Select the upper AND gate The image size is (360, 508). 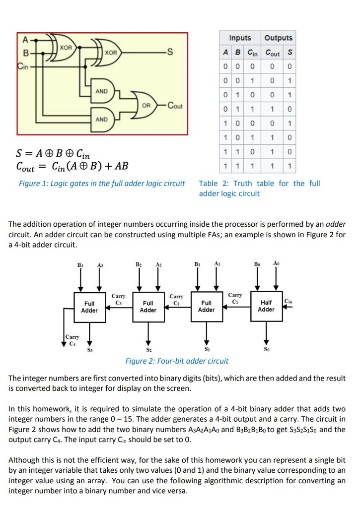tap(102, 92)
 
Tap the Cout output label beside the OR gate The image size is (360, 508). tap(175, 105)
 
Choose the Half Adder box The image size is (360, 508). tap(266, 306)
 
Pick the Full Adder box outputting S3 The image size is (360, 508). tap(89, 307)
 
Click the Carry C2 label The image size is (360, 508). tap(176, 299)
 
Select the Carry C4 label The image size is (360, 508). tap(72, 340)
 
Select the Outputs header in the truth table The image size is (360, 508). tap(279, 38)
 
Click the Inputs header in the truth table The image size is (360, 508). tap(240, 38)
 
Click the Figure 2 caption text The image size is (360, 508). tap(177, 361)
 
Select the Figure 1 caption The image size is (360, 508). tap(102, 184)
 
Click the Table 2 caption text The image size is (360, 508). tap(259, 188)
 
